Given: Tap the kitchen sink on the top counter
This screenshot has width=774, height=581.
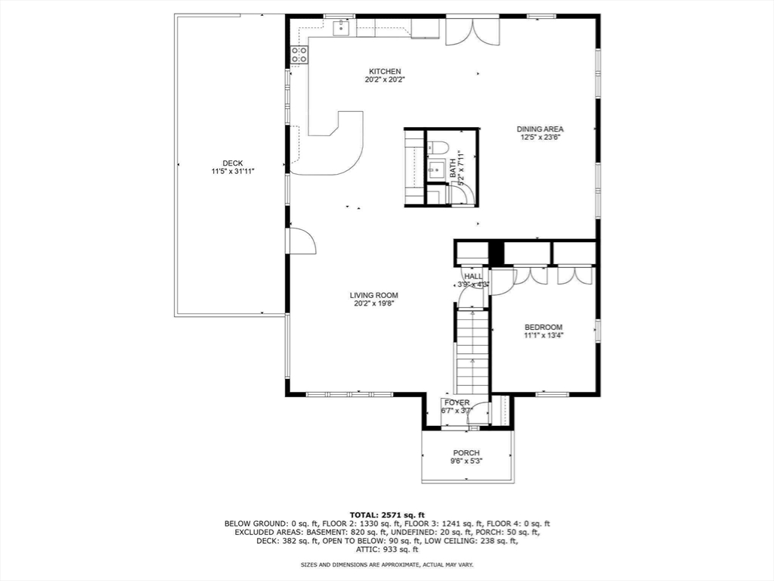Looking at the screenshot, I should click(x=341, y=28).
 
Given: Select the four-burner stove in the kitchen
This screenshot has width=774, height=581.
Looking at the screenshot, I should click(x=299, y=54).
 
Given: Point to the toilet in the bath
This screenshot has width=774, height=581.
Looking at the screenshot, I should click(x=439, y=148).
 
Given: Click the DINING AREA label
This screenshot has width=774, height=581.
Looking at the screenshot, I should click(x=540, y=129).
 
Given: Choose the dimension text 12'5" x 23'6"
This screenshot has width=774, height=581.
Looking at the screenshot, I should click(x=540, y=138).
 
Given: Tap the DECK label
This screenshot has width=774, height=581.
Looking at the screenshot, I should click(x=232, y=163).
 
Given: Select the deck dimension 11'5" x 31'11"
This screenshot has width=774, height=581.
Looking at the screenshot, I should click(x=232, y=172).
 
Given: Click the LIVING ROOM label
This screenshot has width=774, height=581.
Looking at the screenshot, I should click(x=373, y=295).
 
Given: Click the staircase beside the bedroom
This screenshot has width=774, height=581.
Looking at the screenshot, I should click(x=472, y=352).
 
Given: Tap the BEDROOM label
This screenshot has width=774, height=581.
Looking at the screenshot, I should click(x=543, y=327).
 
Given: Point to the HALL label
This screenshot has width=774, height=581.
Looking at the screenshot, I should click(x=473, y=277).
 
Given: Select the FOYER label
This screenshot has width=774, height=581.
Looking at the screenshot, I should click(x=457, y=402).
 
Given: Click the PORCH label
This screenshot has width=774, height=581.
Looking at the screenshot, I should click(x=466, y=453).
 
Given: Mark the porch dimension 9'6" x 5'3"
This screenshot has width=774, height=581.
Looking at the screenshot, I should click(x=466, y=461).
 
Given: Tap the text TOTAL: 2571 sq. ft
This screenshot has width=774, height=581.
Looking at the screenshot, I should click(x=387, y=514).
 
